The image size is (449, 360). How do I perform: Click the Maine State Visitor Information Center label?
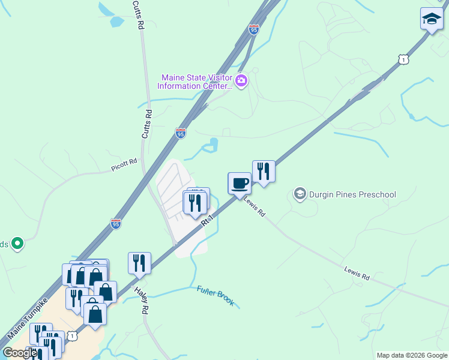[194, 81]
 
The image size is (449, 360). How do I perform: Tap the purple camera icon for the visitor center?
[241, 81]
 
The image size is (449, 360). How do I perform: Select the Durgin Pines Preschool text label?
[352, 194]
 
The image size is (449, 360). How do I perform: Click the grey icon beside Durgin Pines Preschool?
[300, 194]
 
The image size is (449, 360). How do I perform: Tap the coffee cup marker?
[240, 182]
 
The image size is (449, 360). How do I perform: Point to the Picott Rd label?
[124, 165]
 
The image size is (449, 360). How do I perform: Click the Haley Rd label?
[142, 301]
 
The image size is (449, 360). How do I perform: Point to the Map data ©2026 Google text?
[411, 355]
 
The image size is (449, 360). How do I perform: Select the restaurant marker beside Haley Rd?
[139, 263]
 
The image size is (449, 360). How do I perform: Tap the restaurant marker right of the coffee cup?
[264, 171]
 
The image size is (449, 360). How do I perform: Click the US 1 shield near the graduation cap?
[403, 59]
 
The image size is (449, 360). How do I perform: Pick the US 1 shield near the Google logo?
[72, 337]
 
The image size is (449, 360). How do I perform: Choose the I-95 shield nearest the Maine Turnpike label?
[116, 223]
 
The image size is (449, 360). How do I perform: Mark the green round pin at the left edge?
[17, 244]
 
